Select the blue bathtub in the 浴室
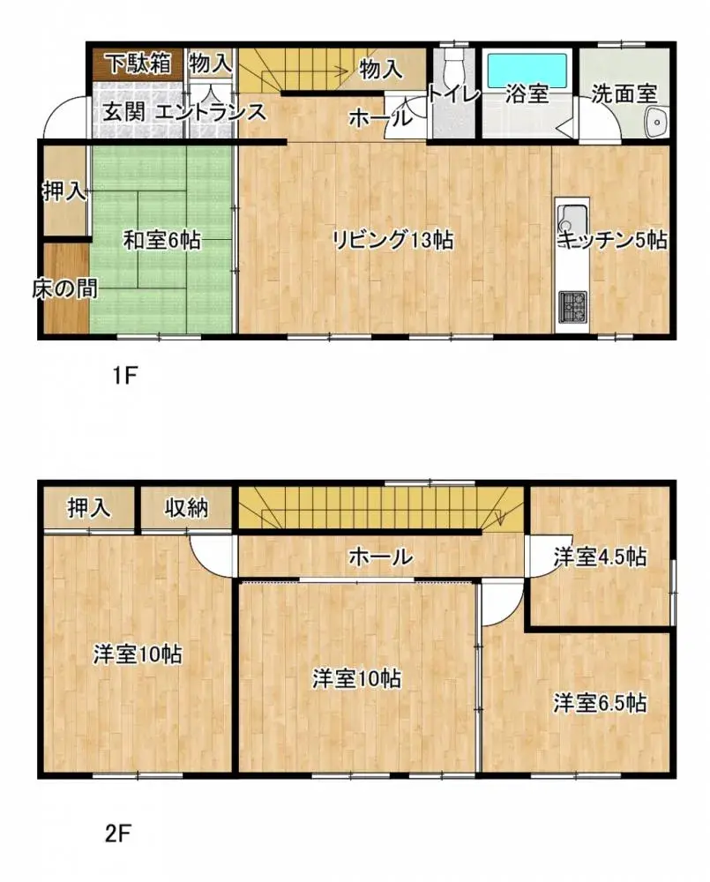click(527, 67)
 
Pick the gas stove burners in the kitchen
click(572, 305)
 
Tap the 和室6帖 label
click(161, 239)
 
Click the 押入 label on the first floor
click(64, 192)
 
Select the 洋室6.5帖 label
click(600, 703)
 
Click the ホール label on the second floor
click(380, 557)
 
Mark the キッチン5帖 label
click(611, 239)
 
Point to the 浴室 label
click(527, 94)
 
